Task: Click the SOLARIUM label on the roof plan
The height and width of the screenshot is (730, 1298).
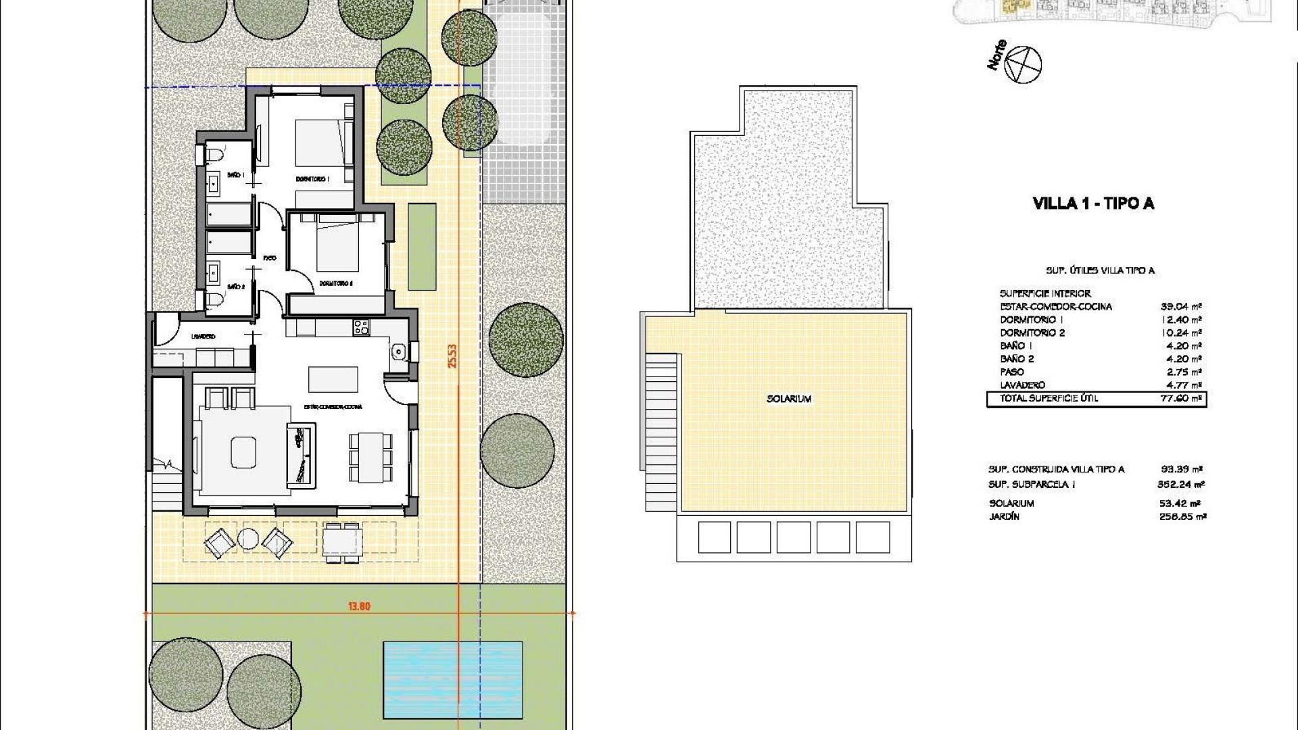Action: click(788, 399)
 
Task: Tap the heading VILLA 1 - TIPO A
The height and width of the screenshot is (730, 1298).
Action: click(1093, 203)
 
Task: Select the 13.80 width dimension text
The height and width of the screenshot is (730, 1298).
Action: click(359, 606)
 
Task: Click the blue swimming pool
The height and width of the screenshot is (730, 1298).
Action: click(452, 679)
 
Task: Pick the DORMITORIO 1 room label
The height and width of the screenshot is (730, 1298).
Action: click(312, 179)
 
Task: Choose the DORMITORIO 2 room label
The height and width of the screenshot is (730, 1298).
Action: click(336, 283)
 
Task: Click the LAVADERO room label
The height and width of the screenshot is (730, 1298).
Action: click(203, 336)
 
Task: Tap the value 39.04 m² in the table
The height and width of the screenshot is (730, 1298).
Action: click(1180, 306)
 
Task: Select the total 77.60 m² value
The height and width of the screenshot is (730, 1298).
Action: click(1180, 399)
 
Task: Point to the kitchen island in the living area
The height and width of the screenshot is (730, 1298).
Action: click(333, 379)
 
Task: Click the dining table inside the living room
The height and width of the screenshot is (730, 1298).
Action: click(370, 458)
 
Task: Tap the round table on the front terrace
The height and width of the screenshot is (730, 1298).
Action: click(248, 539)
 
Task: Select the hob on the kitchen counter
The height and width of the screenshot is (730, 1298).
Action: click(361, 328)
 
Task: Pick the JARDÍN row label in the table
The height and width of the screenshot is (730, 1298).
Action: click(1003, 516)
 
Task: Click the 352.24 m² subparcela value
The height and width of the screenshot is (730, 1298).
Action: click(1180, 484)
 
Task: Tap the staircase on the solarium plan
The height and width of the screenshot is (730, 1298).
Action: click(661, 412)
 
